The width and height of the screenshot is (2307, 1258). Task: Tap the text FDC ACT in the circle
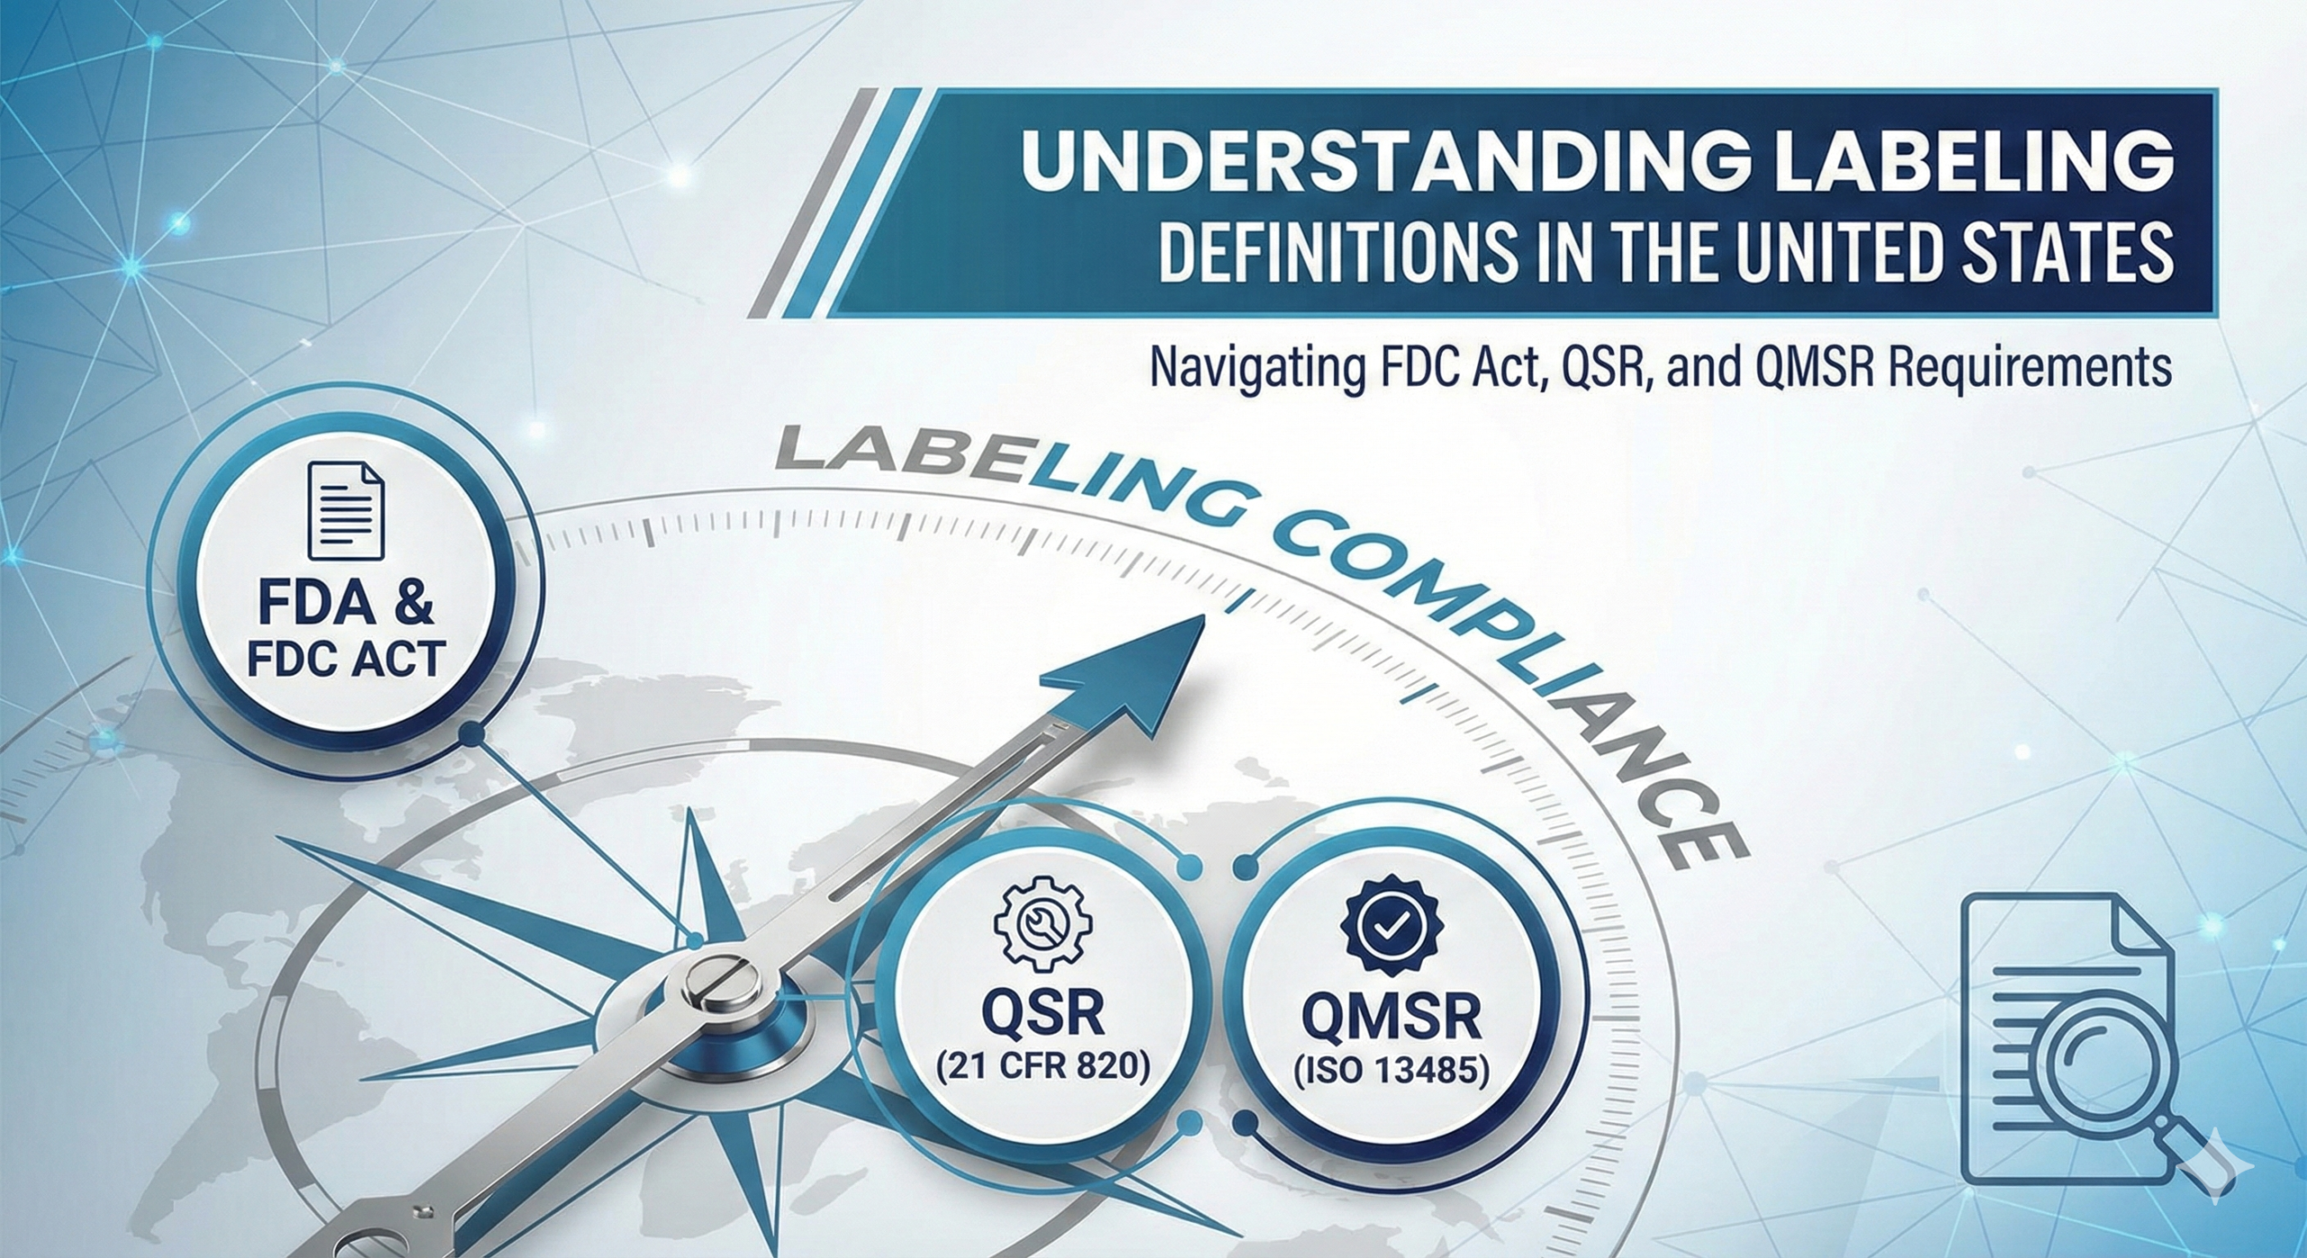[346, 658]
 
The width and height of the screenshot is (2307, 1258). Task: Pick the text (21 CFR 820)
[1043, 1068]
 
